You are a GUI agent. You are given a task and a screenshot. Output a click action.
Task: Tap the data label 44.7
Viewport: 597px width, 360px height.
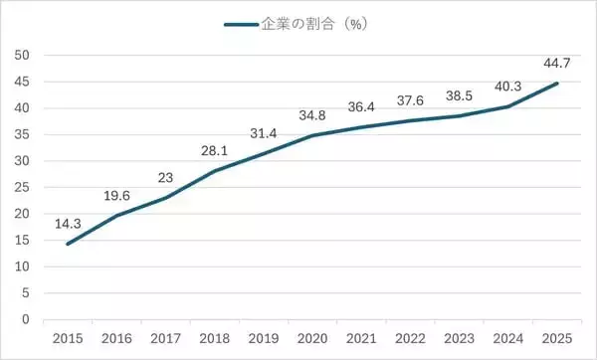point(555,65)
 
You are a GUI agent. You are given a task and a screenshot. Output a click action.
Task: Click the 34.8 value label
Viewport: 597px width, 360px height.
point(311,116)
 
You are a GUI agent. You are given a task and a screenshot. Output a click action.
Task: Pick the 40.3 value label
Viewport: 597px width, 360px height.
point(506,88)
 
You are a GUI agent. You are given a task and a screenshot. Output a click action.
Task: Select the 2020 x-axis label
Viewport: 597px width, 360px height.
point(311,339)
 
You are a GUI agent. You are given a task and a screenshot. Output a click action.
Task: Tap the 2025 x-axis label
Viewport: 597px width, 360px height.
point(555,339)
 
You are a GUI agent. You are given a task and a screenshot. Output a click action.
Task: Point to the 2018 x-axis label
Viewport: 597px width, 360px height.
point(213,339)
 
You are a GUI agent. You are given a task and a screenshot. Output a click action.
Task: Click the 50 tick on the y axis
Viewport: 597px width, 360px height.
point(22,56)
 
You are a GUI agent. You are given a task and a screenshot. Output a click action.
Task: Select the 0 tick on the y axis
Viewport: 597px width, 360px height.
point(26,319)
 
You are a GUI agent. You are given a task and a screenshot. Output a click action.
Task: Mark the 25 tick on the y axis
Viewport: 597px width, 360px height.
point(22,188)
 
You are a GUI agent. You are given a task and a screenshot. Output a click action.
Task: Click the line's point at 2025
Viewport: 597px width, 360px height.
point(555,84)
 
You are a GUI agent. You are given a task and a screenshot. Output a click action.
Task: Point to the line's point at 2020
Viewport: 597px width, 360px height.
point(311,135)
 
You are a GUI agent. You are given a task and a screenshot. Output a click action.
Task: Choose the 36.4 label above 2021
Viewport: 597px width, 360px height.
point(360,107)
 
